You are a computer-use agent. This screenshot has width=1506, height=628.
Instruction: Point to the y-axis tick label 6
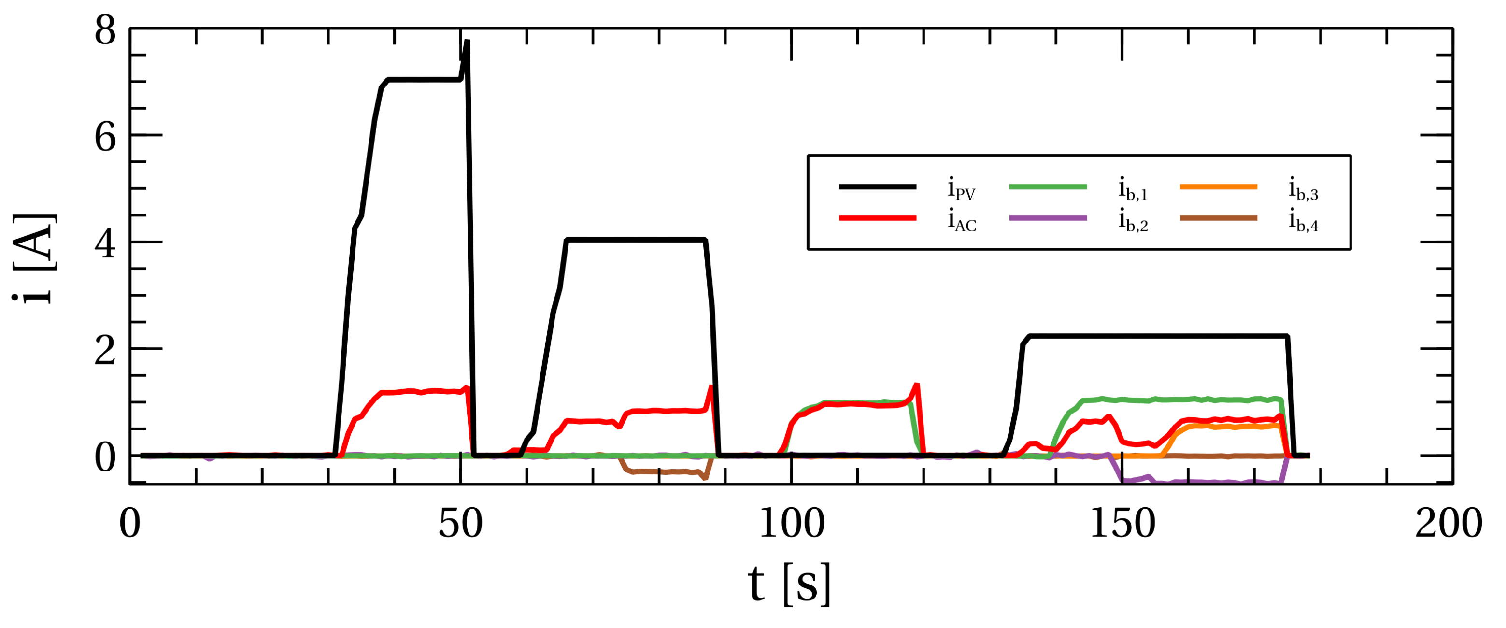click(x=105, y=139)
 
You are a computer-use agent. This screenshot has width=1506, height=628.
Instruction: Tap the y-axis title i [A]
click(x=34, y=258)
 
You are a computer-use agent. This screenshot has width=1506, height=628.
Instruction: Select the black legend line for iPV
click(x=877, y=186)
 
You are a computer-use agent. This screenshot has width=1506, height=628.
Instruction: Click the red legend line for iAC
click(x=877, y=218)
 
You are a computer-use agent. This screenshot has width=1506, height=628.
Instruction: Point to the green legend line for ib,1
click(x=1048, y=186)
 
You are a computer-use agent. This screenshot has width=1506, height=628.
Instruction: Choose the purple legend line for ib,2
click(x=1048, y=218)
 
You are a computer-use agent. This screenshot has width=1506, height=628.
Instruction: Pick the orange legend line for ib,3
click(x=1218, y=186)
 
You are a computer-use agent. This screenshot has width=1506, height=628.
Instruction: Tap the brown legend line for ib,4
click(x=1218, y=218)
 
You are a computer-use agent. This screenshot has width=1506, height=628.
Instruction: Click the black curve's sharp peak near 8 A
click(x=467, y=42)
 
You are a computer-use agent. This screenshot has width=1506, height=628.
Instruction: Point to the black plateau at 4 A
click(x=636, y=240)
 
